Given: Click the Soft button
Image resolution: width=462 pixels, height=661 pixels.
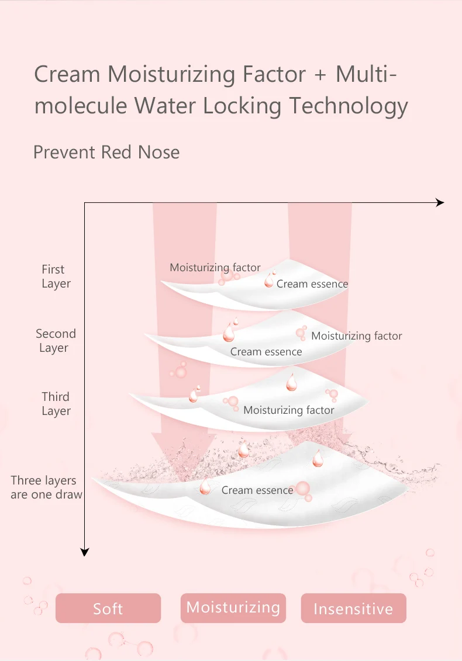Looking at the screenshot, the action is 108,608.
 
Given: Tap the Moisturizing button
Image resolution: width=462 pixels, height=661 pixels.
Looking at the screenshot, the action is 233,607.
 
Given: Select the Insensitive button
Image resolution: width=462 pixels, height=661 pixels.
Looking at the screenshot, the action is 353,609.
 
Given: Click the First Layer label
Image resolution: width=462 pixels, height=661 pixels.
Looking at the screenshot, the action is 56,276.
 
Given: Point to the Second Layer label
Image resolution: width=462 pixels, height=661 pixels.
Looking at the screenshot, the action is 56,341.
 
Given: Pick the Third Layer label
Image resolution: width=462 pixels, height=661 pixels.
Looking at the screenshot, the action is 56,404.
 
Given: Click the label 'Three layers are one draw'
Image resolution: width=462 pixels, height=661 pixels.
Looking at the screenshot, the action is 46,487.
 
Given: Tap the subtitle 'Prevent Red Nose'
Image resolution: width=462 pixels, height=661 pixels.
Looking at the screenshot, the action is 106,152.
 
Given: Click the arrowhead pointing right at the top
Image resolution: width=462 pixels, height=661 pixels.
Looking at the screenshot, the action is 440,203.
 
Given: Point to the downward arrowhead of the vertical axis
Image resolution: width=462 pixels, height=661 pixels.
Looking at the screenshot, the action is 85,551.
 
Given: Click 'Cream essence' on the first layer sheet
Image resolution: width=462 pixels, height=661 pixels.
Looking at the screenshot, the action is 312,284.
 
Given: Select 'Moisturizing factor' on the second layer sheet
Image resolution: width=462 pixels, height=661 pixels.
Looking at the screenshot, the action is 357,336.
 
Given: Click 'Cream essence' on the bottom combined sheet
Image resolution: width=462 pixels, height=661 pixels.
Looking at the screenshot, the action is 257,490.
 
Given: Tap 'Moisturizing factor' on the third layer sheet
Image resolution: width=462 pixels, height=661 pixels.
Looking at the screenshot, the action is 289,410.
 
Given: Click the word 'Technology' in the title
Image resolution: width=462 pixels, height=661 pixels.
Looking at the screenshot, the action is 349,106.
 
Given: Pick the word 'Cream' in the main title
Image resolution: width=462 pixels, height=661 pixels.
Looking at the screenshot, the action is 67,75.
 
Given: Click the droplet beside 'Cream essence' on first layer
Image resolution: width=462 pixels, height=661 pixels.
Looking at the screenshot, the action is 269,281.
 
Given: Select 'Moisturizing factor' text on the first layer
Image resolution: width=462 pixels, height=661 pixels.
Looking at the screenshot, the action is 215,268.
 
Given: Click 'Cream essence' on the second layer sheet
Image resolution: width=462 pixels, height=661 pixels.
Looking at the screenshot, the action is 266,352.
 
